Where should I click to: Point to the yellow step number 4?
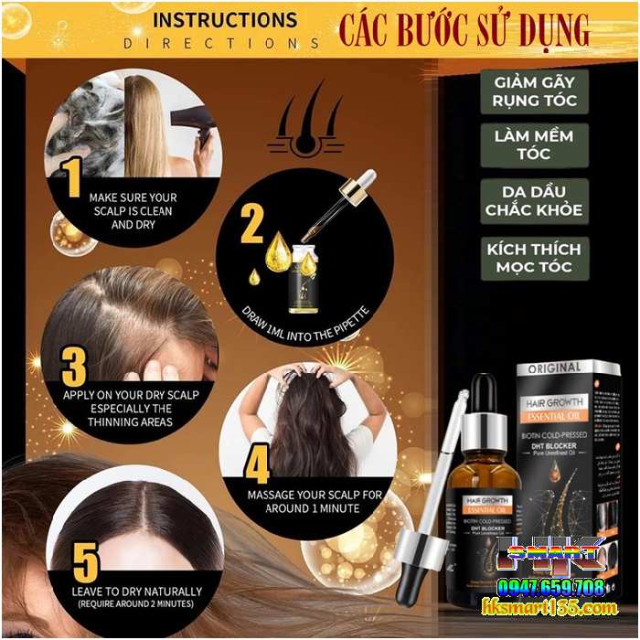tap(257, 464)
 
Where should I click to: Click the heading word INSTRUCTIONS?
tap(225, 20)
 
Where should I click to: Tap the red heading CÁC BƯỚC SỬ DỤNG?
tap(464, 29)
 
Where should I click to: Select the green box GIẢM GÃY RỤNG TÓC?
tap(534, 91)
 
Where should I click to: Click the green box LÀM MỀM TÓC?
tap(534, 144)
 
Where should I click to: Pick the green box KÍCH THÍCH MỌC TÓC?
tap(534, 258)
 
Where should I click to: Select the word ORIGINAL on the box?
tap(554, 368)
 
